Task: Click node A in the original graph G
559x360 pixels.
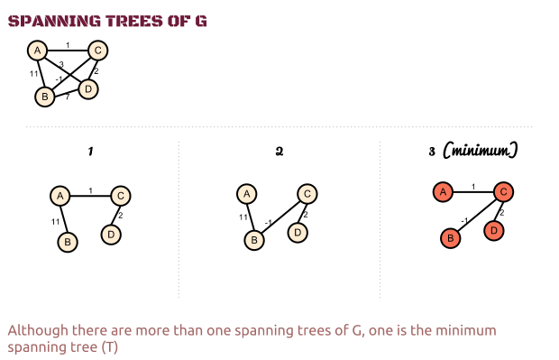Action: coord(38,51)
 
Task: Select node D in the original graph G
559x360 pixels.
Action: coord(88,88)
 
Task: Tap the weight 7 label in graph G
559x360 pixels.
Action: coord(68,97)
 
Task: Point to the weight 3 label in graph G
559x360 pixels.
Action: coord(61,65)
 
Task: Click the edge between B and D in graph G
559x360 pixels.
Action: coord(67,94)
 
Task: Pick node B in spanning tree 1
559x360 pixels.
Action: coord(68,243)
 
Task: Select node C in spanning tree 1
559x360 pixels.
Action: coord(121,196)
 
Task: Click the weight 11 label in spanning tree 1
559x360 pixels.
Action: coord(55,222)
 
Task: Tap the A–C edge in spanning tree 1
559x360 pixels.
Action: coord(90,196)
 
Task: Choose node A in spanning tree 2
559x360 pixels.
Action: coord(247,194)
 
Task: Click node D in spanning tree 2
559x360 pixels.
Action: coord(298,233)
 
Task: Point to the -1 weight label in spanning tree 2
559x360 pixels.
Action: coord(269,223)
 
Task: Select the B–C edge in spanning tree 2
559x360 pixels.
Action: coord(280,217)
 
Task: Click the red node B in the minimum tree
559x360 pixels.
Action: coord(451,238)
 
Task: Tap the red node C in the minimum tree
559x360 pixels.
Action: coord(503,192)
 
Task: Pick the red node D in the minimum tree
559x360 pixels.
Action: coord(494,230)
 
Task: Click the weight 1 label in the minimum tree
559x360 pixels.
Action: coord(473,187)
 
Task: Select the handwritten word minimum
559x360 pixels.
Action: coord(481,151)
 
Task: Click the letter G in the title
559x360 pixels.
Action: coord(201,21)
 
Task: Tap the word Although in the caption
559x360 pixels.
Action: coord(38,331)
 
